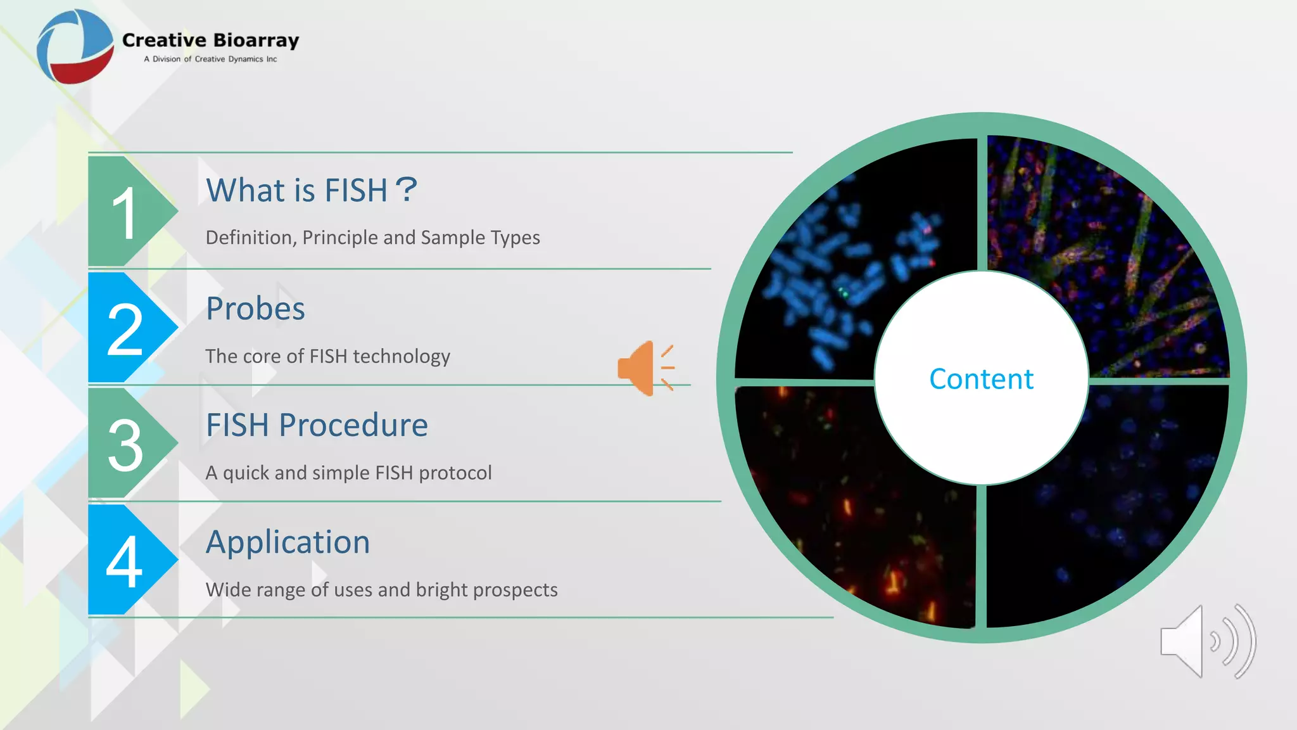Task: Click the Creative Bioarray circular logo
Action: pos(75,47)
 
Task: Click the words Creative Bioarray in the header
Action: pos(210,40)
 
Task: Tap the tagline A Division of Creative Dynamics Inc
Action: pos(210,59)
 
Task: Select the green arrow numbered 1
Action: pos(127,212)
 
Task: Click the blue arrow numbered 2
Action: pos(127,328)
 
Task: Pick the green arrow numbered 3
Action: pos(127,444)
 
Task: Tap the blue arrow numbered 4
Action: pos(127,560)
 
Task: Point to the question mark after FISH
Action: pos(405,189)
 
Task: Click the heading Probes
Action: pos(255,309)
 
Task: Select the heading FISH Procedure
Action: pos(317,425)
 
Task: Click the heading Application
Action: pos(288,542)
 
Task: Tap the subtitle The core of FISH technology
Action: pos(327,356)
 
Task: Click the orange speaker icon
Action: pos(645,368)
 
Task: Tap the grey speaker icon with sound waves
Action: pos(1206,641)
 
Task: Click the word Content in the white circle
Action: pos(981,379)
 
